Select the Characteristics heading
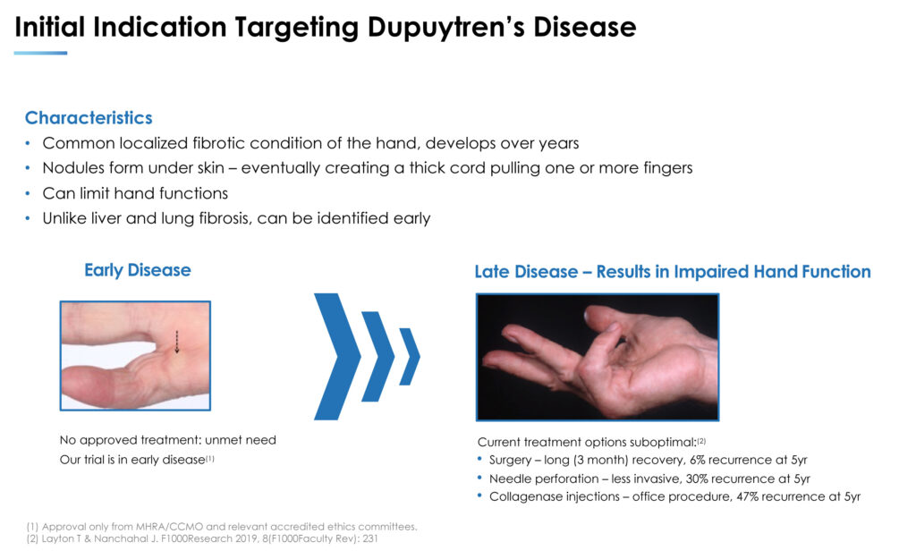[x=89, y=118]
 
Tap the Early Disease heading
[x=138, y=270]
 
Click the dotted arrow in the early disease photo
[x=177, y=343]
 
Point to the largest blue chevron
[x=337, y=356]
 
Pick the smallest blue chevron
[x=410, y=356]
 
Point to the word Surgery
[x=509, y=461]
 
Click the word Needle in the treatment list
[x=508, y=479]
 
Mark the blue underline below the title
[x=40, y=53]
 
